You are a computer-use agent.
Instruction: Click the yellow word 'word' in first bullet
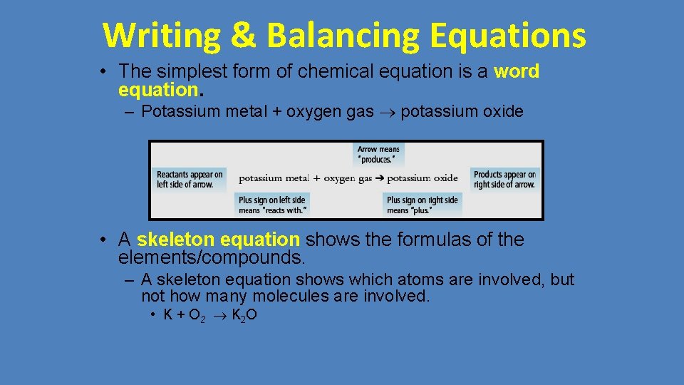pos(517,71)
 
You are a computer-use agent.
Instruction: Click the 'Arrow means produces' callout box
pos(378,154)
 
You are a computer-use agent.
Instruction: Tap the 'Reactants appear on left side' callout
pos(190,179)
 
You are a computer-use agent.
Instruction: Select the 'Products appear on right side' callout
pos(504,179)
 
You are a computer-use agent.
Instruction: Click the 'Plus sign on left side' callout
pos(272,205)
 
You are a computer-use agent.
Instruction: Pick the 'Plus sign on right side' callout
pos(423,205)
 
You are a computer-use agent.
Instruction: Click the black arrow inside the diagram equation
pos(380,178)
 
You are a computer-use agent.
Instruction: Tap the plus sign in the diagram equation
pos(316,178)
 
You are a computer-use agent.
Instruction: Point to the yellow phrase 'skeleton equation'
pos(218,240)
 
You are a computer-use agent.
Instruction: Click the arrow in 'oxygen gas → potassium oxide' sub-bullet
pos(388,112)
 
